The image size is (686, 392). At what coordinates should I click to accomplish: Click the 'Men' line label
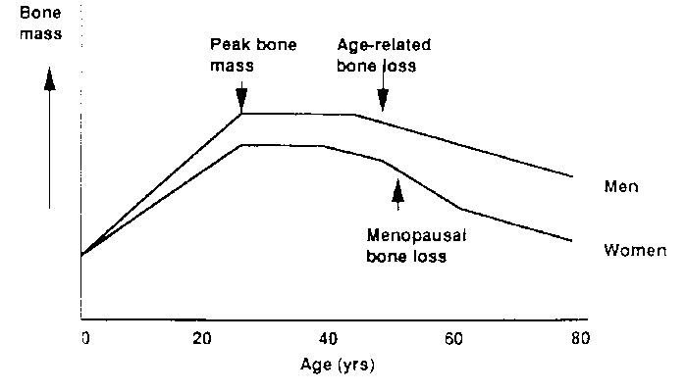pos(622,186)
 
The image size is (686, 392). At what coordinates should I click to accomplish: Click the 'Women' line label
pos(635,250)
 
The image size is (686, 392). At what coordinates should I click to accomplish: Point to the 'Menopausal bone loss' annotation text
pos(407,247)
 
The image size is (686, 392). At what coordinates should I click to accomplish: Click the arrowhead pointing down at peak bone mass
pos(241,107)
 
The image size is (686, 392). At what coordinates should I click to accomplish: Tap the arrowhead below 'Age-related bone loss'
pos(383,106)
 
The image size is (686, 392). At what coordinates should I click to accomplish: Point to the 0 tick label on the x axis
pos(84,338)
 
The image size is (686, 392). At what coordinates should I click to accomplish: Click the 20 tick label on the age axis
pos(203,338)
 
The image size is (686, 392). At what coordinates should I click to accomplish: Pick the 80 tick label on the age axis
pos(579,338)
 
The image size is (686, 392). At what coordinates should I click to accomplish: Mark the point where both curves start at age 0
pos(82,256)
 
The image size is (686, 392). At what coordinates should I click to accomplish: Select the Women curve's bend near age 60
pos(459,208)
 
